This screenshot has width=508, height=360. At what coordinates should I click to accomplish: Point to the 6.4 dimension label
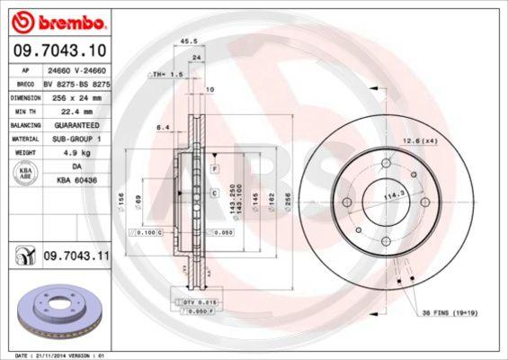click(x=163, y=128)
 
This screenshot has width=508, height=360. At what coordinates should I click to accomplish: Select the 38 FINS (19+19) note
click(x=450, y=313)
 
